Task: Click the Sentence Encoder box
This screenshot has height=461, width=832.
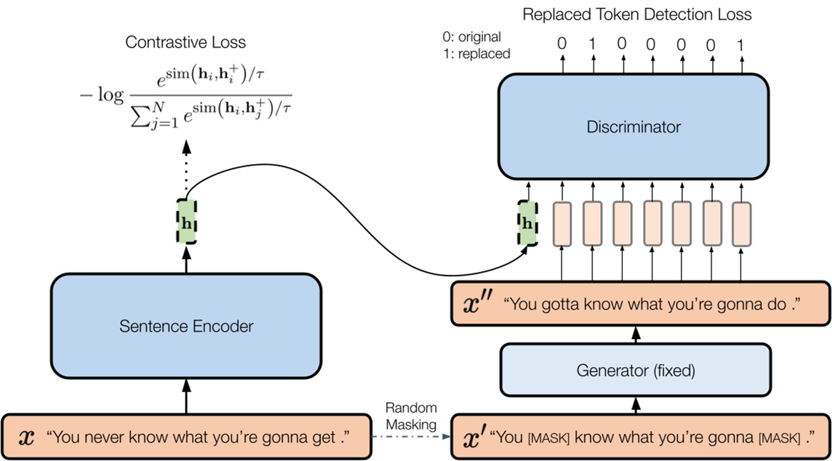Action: (x=186, y=327)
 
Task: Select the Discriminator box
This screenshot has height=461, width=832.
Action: (x=633, y=128)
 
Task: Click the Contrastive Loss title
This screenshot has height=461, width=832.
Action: (x=186, y=42)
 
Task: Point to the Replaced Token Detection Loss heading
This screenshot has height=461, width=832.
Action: (x=636, y=14)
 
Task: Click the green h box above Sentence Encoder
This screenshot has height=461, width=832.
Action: (x=187, y=222)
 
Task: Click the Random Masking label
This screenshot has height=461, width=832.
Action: (x=410, y=415)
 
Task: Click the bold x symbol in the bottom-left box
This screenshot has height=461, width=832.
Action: (x=26, y=435)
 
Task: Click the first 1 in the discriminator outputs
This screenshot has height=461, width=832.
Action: (x=592, y=44)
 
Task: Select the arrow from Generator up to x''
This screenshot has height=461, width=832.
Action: (x=634, y=333)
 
